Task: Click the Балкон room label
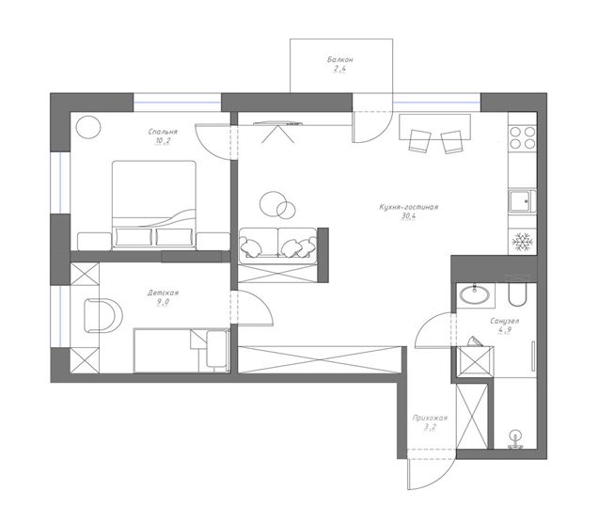339,60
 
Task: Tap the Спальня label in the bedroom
163,132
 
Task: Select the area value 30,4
408,215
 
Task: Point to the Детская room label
164,293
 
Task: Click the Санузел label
505,322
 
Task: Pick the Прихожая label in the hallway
430,418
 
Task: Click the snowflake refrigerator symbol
523,242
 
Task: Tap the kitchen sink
522,201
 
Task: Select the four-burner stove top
523,137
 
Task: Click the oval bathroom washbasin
474,294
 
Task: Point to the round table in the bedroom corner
88,127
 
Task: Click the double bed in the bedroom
154,204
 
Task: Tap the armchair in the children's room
102,315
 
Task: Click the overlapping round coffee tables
277,205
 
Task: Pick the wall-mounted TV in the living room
278,124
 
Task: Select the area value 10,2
163,141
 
